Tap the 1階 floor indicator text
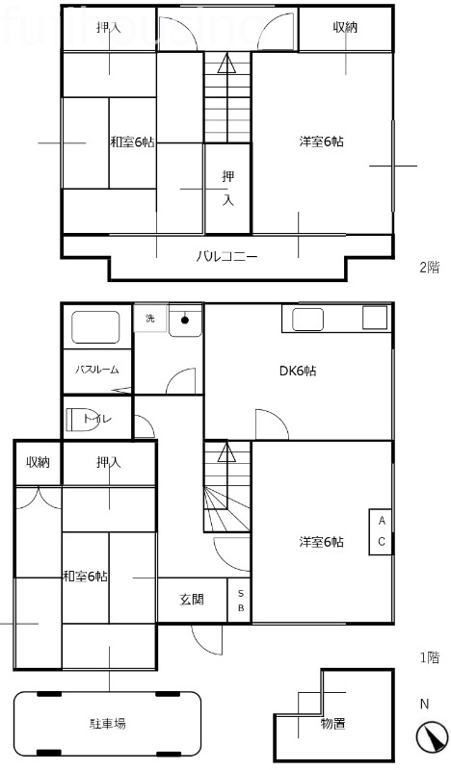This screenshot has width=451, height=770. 429,657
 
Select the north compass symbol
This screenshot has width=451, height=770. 432,736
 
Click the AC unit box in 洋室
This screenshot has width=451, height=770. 381,530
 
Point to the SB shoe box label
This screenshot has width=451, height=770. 240,601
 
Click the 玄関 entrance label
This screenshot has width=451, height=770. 192,600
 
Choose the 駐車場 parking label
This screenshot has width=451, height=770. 107,722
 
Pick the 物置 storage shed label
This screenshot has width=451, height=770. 332,723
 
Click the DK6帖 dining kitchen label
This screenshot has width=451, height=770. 297,372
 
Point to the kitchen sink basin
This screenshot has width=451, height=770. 307,319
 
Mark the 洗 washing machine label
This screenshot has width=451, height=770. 149,318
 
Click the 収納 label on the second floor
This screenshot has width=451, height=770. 345,28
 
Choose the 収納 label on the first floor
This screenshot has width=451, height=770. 38,463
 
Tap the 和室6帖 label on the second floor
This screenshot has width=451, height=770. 132,142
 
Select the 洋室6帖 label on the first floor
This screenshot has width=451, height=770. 321,543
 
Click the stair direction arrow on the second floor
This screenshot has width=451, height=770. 225,65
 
